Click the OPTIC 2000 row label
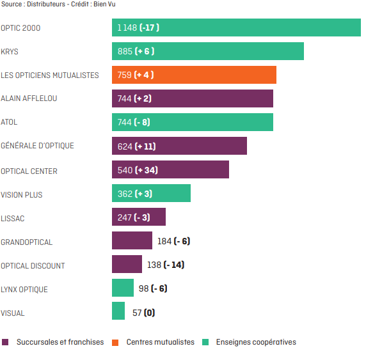point(20,28)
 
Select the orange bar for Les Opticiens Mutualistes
point(194,75)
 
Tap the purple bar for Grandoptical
point(132,240)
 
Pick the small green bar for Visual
point(118,311)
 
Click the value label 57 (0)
point(143,313)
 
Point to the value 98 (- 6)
point(153,288)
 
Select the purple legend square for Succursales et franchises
point(5,342)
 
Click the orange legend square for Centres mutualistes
point(115,342)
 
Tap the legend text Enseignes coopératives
point(256,342)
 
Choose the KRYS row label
point(10,52)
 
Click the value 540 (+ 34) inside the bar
point(138,170)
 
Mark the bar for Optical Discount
point(127,264)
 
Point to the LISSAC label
point(13,219)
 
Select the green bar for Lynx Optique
point(123,288)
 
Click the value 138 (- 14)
point(166,265)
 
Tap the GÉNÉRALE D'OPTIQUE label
point(37,146)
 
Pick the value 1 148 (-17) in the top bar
point(138,27)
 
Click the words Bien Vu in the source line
point(104,4)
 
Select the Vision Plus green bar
point(151,193)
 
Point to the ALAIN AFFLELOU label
point(29,98)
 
